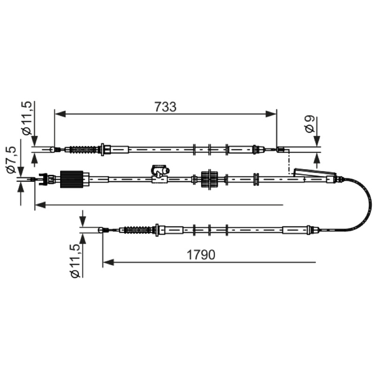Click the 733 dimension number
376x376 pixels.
pos(165,107)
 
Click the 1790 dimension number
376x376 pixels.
pos(201,255)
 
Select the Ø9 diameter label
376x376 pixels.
pos(310,124)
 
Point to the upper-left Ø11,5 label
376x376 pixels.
pos(26,118)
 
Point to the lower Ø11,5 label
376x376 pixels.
pos(75,261)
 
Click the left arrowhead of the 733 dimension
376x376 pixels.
pos(60,114)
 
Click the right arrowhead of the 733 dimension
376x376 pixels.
pos(271,114)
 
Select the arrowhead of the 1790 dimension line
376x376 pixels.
pos(108,262)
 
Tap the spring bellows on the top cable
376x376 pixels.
pos(83,149)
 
